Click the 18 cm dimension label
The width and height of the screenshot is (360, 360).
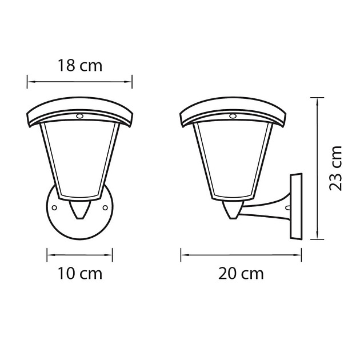(x=79, y=65)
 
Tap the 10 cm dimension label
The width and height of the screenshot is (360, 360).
(x=79, y=274)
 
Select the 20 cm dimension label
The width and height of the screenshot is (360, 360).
(x=241, y=274)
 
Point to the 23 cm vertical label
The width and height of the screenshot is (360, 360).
(x=335, y=167)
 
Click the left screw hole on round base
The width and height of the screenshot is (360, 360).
(x=54, y=208)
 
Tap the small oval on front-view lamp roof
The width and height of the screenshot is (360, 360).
(x=79, y=116)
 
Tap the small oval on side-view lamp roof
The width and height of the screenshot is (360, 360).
(x=233, y=116)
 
